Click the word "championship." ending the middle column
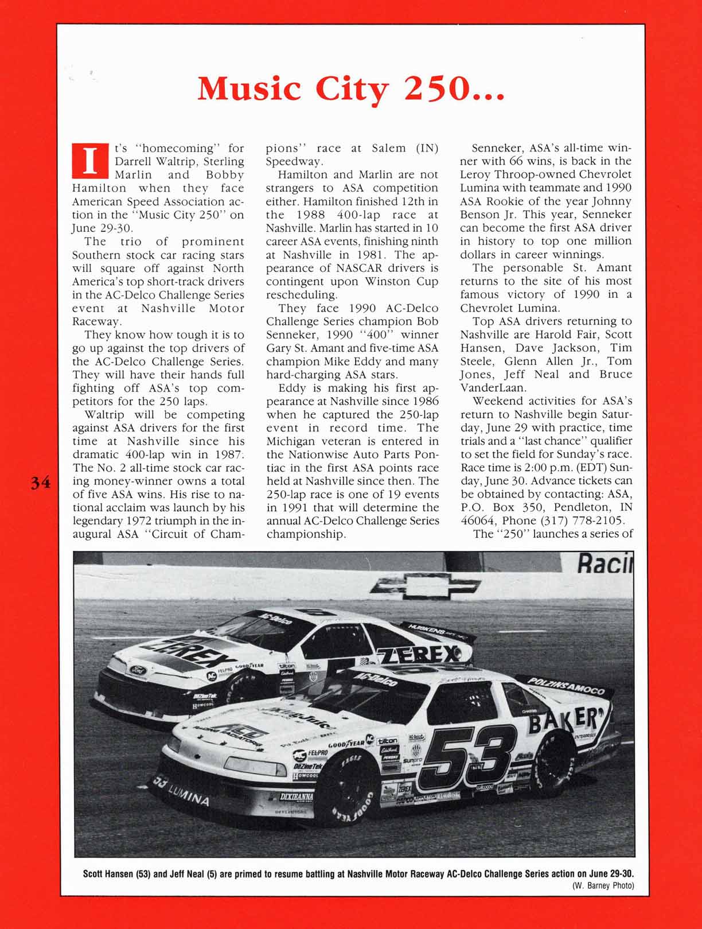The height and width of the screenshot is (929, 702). tap(306, 534)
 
